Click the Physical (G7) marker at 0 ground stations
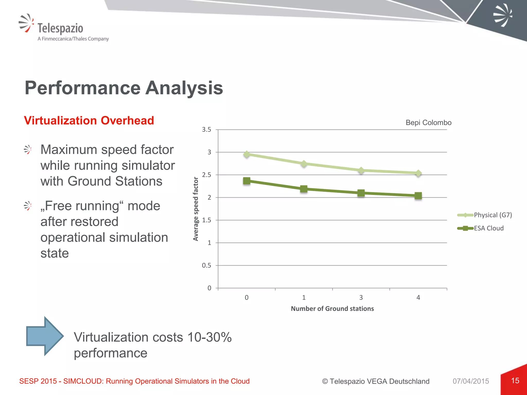(x=247, y=154)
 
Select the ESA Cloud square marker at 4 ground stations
(x=418, y=196)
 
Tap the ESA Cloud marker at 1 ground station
(x=304, y=189)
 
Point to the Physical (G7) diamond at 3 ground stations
(x=361, y=170)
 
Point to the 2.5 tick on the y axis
(x=206, y=175)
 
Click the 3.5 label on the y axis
(x=206, y=130)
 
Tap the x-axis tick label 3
(x=361, y=298)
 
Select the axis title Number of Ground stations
(x=332, y=309)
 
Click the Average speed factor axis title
(x=196, y=209)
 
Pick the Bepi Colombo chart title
(x=428, y=123)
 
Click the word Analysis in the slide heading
(x=184, y=88)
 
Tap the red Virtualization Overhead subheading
(x=89, y=121)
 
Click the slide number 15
(x=515, y=381)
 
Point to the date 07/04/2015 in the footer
(x=471, y=381)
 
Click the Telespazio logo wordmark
(x=60, y=28)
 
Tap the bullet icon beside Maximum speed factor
(x=28, y=149)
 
